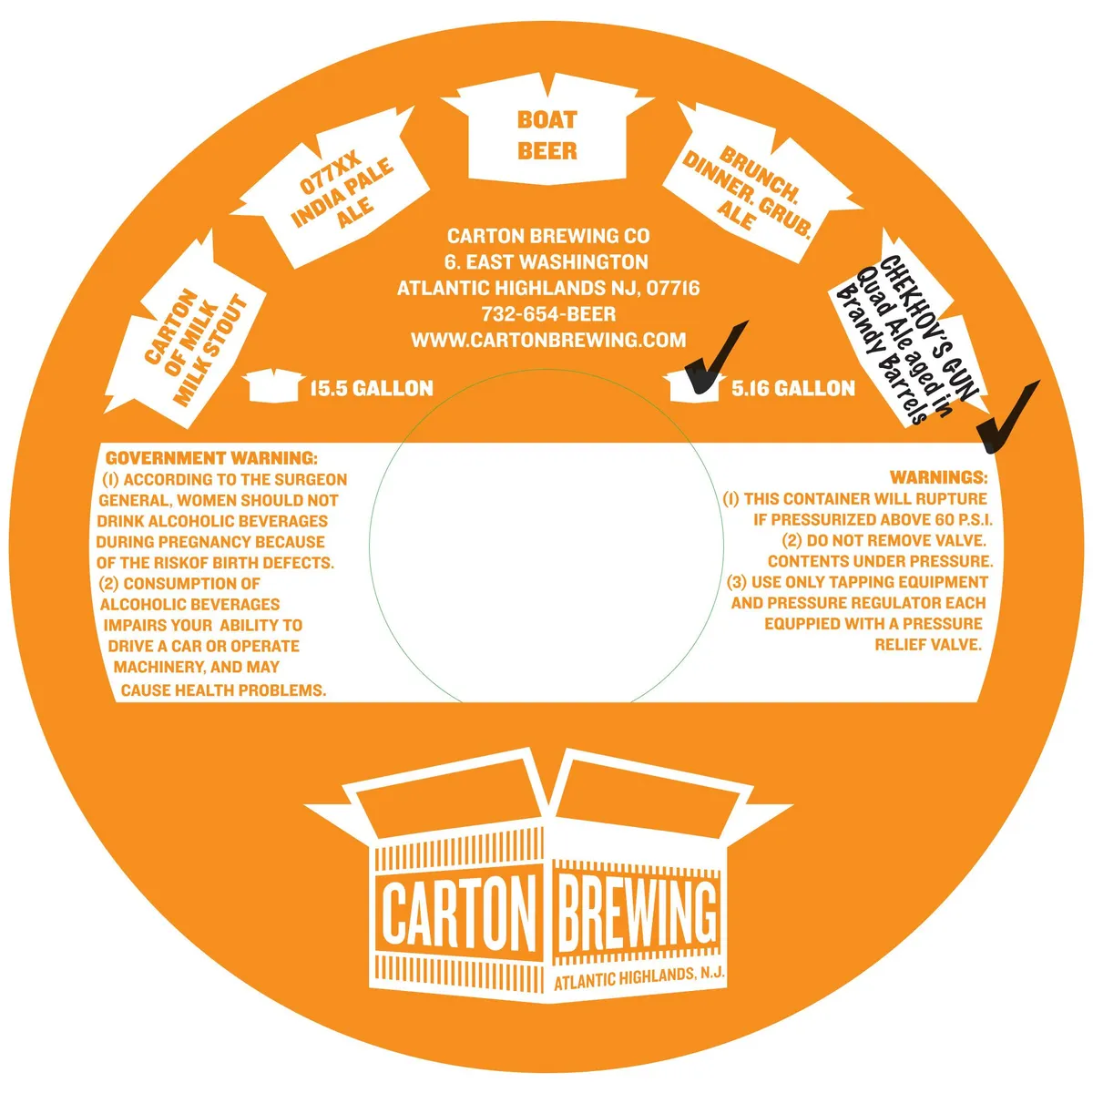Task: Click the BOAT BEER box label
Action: [x=546, y=136]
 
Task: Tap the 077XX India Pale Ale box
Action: [x=332, y=188]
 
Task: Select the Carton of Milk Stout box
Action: [x=188, y=334]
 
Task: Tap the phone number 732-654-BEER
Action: [x=548, y=313]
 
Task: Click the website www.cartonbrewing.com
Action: [x=548, y=340]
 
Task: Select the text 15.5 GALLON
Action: [x=372, y=389]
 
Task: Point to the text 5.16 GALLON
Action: [x=793, y=389]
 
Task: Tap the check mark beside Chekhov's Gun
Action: [x=1008, y=417]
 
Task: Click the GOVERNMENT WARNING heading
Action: [x=211, y=458]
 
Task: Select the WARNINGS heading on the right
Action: [x=939, y=477]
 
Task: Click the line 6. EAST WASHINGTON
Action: [x=546, y=261]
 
